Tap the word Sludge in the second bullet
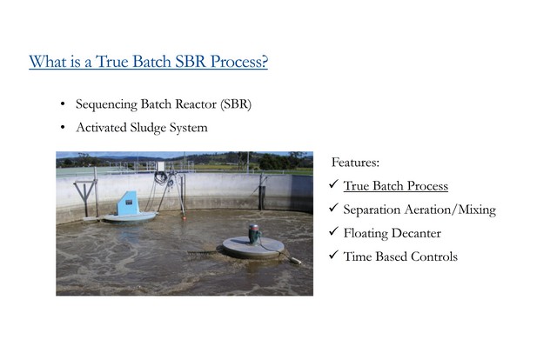pos(148,128)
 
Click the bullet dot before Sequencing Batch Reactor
pos(63,104)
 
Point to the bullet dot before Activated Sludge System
pos(63,127)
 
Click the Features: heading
pos(355,163)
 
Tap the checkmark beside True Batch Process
pos(333,183)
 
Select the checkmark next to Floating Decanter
pos(333,231)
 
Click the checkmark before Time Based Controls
pos(333,255)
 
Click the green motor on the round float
pos(253,234)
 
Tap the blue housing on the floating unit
pos(128,203)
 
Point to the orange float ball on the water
pos(184,217)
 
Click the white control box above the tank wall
pos(160,166)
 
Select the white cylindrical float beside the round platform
pos(296,261)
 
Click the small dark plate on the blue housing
pos(129,202)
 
